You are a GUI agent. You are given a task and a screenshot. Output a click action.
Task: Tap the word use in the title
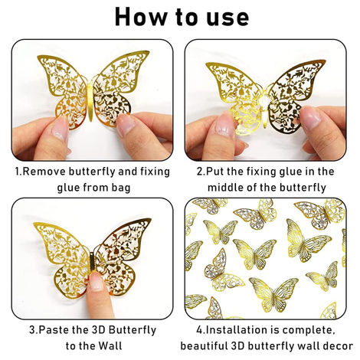[x=223, y=16]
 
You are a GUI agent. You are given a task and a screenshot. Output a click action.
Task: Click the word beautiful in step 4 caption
[x=215, y=345]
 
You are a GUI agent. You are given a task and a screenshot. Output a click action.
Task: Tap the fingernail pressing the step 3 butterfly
[x=96, y=283]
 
